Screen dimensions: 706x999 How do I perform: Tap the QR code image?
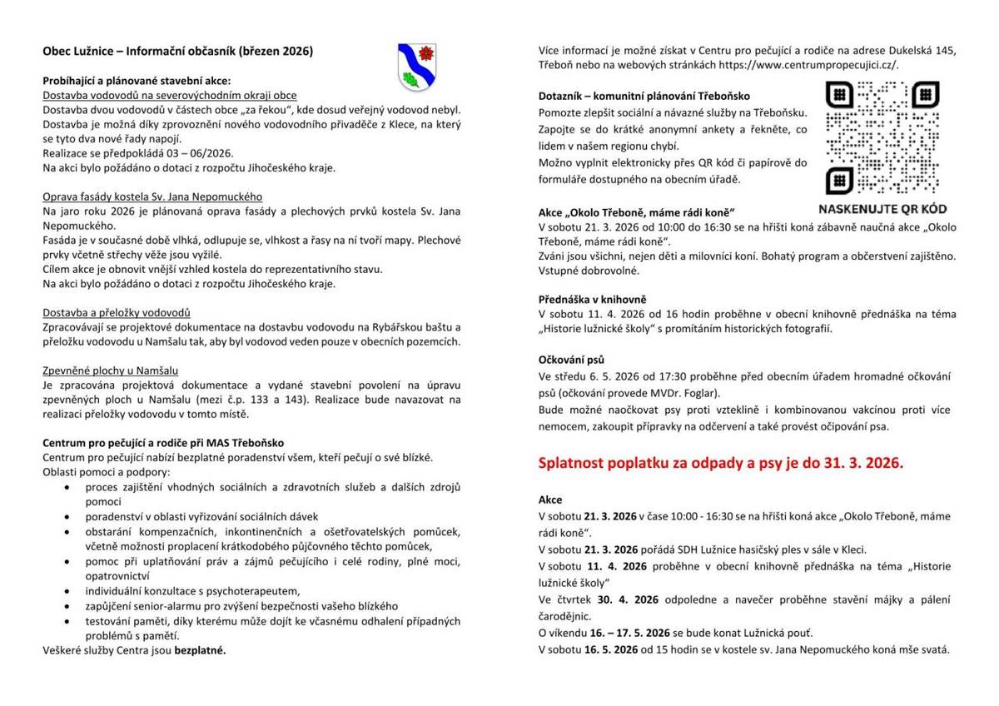tap(882, 137)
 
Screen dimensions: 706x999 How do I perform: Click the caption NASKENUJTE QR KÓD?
tap(882, 209)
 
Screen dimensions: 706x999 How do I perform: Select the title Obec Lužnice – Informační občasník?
tap(177, 52)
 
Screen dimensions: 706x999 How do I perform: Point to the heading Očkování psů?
tap(571, 360)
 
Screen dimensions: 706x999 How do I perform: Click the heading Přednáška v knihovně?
tap(592, 299)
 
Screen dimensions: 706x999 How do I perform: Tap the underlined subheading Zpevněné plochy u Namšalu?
tap(111, 370)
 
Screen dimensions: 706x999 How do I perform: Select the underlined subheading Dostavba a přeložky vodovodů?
tap(117, 312)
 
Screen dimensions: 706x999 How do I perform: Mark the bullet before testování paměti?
tap(67, 621)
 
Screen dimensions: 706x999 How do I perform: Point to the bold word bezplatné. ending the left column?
tap(200, 651)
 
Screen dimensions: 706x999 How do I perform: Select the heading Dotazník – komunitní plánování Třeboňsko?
tap(644, 96)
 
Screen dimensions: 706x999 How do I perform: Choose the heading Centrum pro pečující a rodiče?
tap(163, 443)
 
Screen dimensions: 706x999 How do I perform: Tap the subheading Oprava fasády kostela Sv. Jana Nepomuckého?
tap(152, 196)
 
